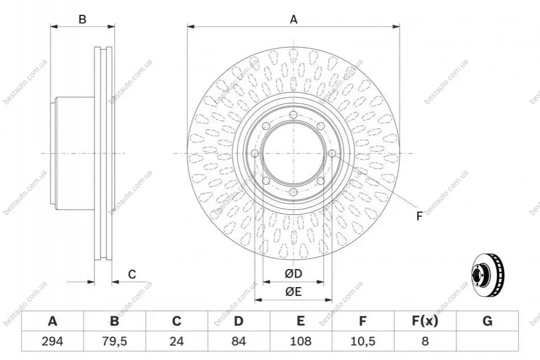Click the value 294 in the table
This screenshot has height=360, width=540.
(52, 341)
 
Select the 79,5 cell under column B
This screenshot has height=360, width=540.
(114, 341)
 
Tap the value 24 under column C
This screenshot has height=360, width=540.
(176, 341)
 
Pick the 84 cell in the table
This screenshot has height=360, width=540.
(238, 341)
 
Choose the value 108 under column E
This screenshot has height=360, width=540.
(300, 341)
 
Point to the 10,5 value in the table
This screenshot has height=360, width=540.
(362, 341)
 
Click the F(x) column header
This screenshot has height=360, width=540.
(425, 321)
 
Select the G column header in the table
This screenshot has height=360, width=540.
(487, 321)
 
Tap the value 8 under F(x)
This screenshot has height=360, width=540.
(425, 341)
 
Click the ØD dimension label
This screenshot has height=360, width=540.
(294, 274)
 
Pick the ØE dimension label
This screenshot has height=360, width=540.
(294, 292)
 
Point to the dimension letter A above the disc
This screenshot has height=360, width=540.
(294, 19)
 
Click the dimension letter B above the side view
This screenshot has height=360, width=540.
(83, 19)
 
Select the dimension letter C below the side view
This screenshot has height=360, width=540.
(132, 274)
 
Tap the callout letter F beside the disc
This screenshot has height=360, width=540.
(419, 216)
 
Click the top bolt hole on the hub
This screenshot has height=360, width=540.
(294, 115)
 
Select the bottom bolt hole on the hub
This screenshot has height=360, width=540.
(294, 192)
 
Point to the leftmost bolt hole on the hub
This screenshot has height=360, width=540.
(255, 153)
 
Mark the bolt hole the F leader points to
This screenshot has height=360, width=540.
(332, 153)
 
